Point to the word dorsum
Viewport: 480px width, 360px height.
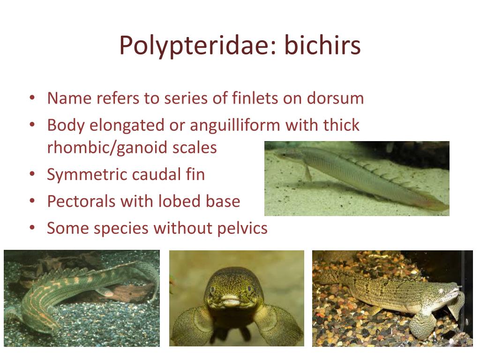coord(335,98)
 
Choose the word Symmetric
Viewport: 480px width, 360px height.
coord(89,175)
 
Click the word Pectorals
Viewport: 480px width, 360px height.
coord(80,202)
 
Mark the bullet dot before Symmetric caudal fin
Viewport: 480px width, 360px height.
coord(32,175)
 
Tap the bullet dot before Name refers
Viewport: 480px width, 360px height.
coord(32,98)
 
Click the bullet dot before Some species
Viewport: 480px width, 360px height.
coord(32,229)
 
